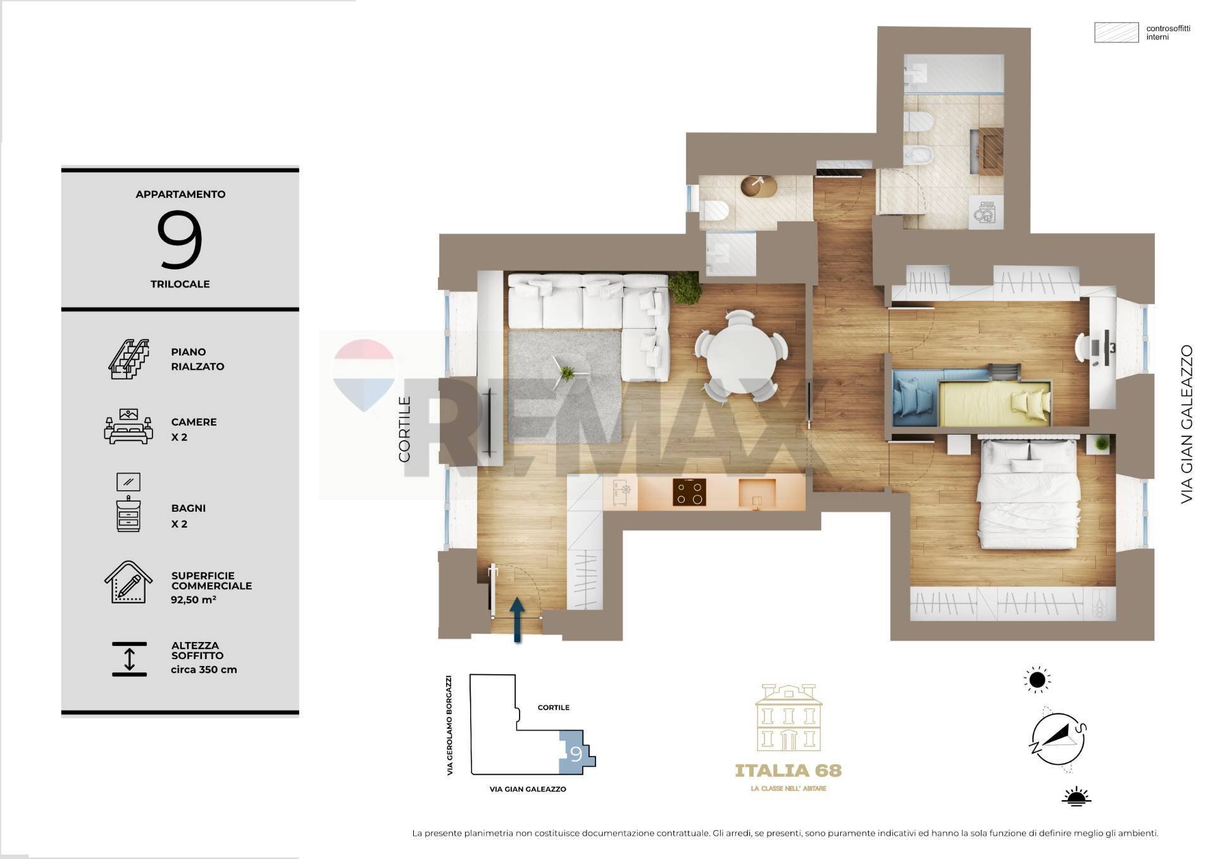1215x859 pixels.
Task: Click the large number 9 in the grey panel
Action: (x=180, y=240)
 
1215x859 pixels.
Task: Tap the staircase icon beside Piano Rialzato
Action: (x=128, y=359)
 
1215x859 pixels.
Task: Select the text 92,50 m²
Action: (x=193, y=600)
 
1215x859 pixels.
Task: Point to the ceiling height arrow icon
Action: (x=129, y=659)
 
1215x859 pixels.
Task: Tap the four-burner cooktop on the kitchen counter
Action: (x=689, y=492)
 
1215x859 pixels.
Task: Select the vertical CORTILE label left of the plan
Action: (x=404, y=429)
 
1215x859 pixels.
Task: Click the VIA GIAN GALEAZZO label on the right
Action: (x=1186, y=424)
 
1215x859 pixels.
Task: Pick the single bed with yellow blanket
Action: (x=993, y=404)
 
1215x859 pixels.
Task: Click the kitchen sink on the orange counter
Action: (x=757, y=493)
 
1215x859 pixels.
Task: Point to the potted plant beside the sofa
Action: (x=685, y=288)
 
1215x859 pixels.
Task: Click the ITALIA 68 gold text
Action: (x=788, y=770)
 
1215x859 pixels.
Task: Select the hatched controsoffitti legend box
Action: (x=1116, y=32)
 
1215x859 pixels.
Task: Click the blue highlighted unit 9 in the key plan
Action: (x=574, y=753)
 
